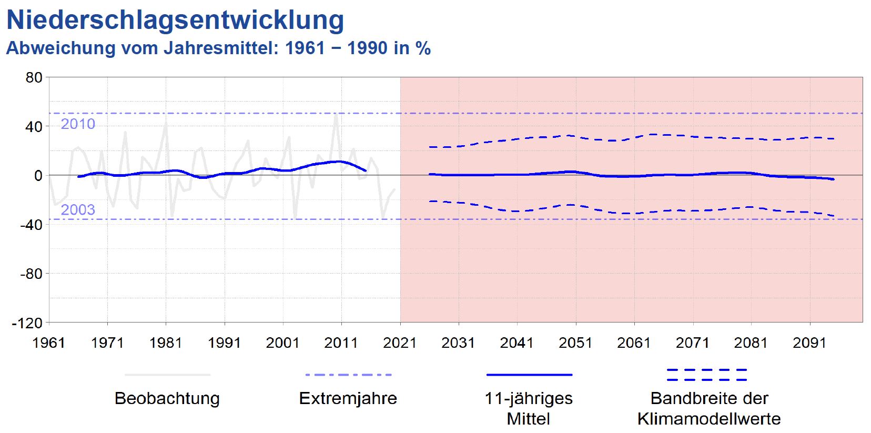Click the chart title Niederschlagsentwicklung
coord(175,20)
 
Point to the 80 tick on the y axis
coord(34,78)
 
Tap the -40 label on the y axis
coord(31,225)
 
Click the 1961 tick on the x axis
coord(48,343)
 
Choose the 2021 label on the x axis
coord(400,343)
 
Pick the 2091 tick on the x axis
coord(809,343)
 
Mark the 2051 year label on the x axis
coord(575,343)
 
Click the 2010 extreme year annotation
coord(78,124)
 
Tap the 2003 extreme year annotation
coord(78,210)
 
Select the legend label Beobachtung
coord(167,398)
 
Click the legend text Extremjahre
coord(348,398)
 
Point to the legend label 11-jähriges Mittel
coord(529,408)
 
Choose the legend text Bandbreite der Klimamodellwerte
coord(709,408)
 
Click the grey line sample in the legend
coord(167,375)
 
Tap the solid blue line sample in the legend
coord(529,375)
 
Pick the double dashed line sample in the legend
coord(706,375)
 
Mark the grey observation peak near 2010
coord(336,115)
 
